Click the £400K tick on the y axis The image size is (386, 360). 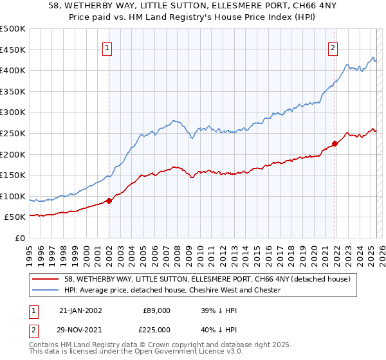pos(13,70)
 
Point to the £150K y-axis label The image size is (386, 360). pos(13,175)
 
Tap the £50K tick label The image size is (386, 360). pos(15,217)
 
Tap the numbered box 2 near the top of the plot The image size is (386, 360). pos(333,47)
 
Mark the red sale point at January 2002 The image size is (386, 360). pos(109,201)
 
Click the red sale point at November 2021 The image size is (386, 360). pos(335,143)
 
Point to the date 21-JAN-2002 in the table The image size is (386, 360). pos(80,310)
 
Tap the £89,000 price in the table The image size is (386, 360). pos(157,310)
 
